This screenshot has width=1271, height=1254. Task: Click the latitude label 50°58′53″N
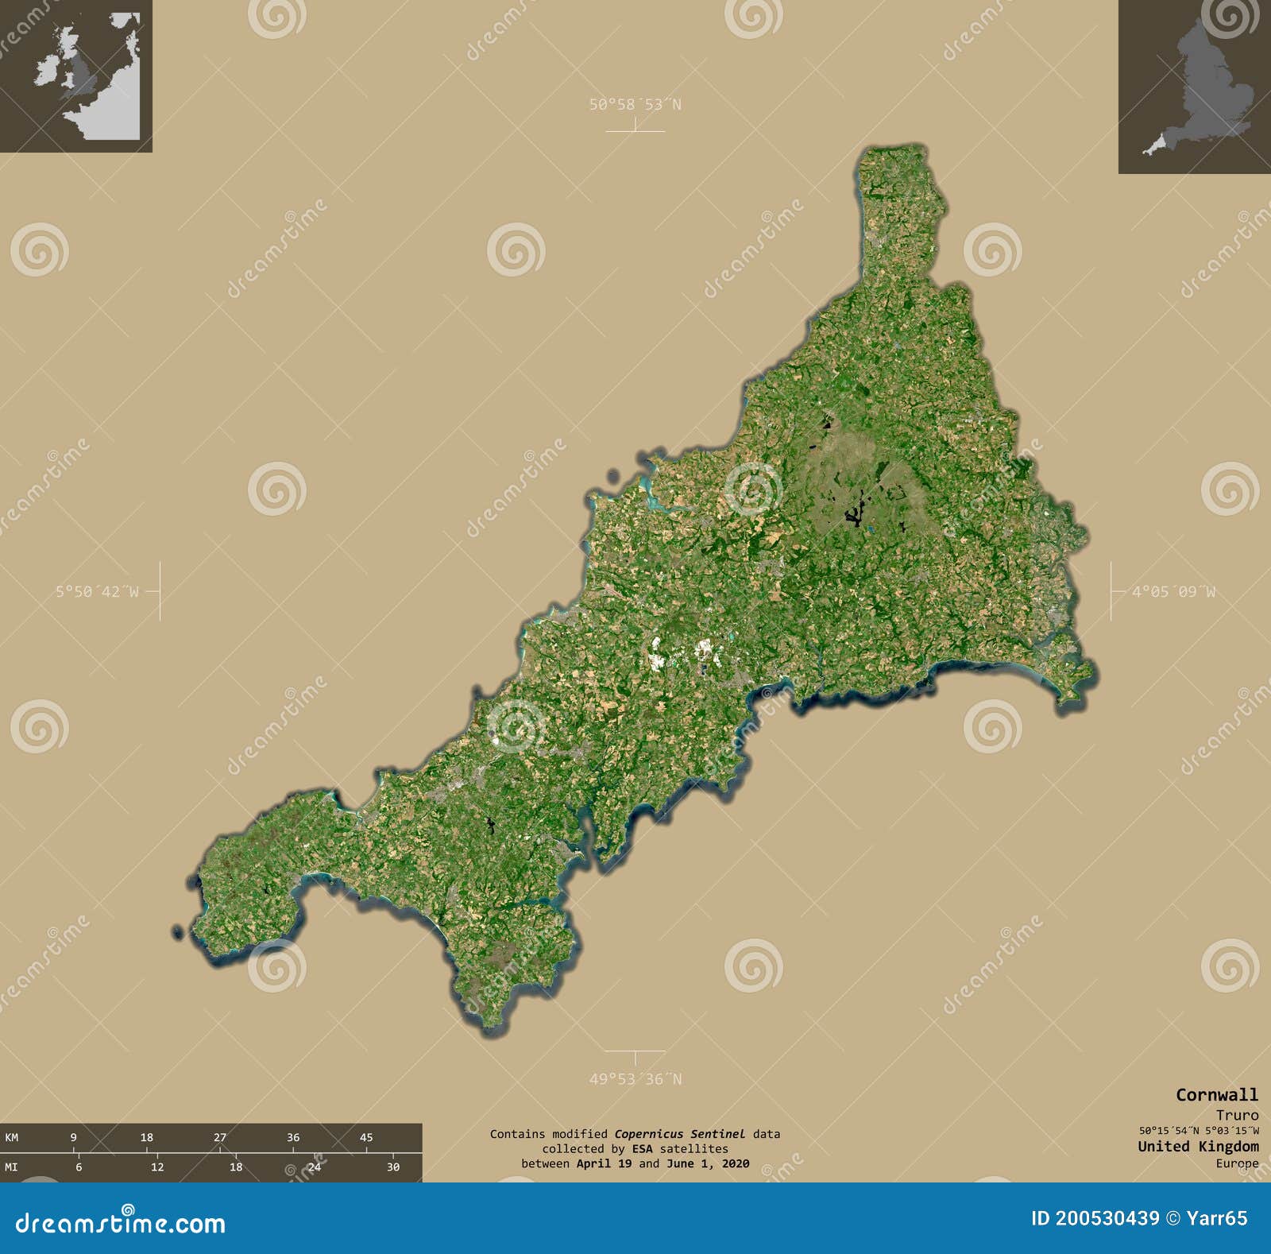pyautogui.click(x=635, y=104)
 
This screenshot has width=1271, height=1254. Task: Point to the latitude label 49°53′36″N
pyautogui.click(x=635, y=1079)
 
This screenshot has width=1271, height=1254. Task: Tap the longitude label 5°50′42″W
pyautogui.click(x=97, y=591)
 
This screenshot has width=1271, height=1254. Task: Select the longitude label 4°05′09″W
pyautogui.click(x=1173, y=591)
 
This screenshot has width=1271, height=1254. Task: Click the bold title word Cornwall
pyautogui.click(x=1217, y=1095)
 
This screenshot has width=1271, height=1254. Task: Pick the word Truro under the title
pyautogui.click(x=1237, y=1115)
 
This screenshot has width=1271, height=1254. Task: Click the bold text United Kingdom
pyautogui.click(x=1198, y=1146)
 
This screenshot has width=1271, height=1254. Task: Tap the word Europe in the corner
pyautogui.click(x=1237, y=1163)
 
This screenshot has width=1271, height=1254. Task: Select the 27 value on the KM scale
pyautogui.click(x=220, y=1137)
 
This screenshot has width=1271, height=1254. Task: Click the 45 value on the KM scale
pyautogui.click(x=366, y=1137)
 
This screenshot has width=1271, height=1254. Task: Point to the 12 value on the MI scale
pyautogui.click(x=157, y=1167)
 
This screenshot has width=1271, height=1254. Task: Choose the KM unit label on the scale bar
pyautogui.click(x=11, y=1137)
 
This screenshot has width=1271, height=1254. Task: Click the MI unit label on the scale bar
pyautogui.click(x=11, y=1167)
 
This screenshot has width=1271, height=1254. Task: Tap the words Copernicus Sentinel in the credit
pyautogui.click(x=679, y=1134)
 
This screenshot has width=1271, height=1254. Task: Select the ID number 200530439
pyautogui.click(x=1107, y=1218)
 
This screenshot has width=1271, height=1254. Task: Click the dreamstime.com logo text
pyautogui.click(x=121, y=1222)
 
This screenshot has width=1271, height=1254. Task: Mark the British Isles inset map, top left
pyautogui.click(x=75, y=75)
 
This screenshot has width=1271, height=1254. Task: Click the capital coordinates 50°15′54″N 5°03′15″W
pyautogui.click(x=1198, y=1131)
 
